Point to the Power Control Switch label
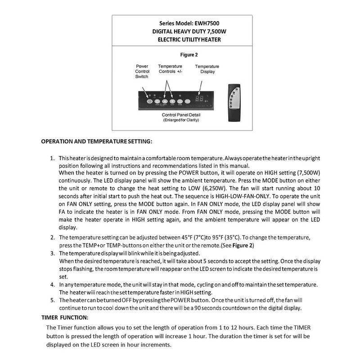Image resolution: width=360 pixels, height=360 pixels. (142, 72)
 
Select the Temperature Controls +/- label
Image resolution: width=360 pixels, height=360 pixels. (170, 69)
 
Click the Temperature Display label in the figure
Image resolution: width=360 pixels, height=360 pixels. (207, 69)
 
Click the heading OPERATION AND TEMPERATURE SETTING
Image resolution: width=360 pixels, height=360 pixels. (97, 141)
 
